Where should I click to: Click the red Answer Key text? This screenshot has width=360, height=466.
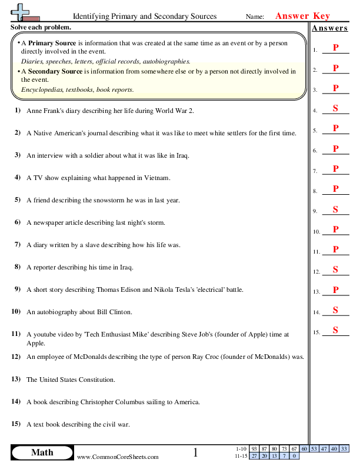(x=302, y=16)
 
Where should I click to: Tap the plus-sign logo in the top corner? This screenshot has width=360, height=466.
(x=21, y=12)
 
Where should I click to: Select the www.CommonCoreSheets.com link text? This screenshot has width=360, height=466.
(x=118, y=457)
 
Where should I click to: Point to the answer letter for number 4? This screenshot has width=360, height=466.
(x=335, y=108)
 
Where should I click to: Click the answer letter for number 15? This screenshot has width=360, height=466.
(x=335, y=330)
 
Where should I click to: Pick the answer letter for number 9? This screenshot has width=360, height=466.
(x=335, y=209)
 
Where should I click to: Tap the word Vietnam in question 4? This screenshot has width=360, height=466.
(x=158, y=178)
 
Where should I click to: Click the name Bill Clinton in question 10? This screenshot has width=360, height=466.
(x=115, y=312)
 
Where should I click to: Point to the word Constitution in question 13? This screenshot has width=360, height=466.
(x=95, y=380)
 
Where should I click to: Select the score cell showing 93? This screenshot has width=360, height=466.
(x=254, y=449)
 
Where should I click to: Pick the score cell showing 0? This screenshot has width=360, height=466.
(x=294, y=456)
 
